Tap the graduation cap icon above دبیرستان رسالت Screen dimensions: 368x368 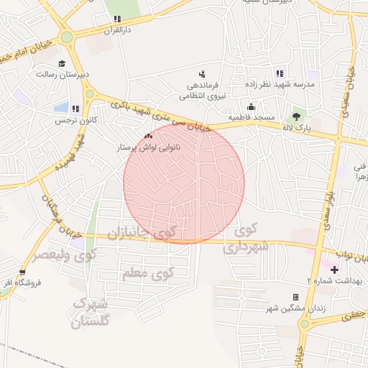coord(62,63)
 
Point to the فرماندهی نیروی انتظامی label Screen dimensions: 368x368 coord(202,90)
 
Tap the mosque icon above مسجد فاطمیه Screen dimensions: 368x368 coord(250,107)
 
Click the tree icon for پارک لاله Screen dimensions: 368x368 coord(295,115)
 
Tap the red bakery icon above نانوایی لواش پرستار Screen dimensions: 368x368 coord(149,135)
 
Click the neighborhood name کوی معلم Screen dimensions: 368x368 coord(155,274)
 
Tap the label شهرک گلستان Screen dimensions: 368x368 coord(92,311)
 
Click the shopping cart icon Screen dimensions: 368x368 coord(23,272)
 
